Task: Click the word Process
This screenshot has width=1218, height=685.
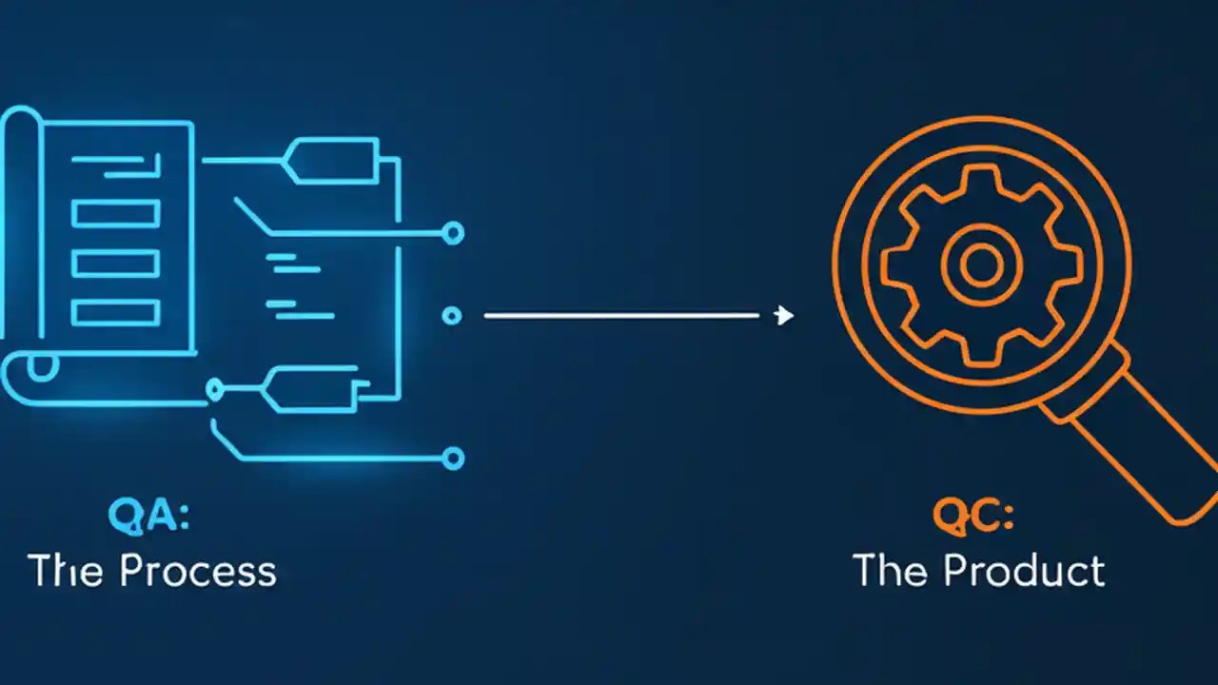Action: pos(199,571)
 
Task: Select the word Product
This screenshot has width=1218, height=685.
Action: pos(1024,571)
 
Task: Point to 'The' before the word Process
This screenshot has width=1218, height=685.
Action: pos(68,571)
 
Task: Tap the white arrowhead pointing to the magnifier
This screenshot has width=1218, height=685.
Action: pos(783,315)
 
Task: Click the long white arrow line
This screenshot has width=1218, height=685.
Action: pos(621,315)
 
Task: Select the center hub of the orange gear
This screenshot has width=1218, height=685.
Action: pos(982,264)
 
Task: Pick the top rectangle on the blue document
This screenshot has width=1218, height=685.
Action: pos(116,214)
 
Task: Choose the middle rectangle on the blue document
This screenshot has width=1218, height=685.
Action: pos(116,264)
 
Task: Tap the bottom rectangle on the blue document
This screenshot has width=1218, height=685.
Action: pos(116,313)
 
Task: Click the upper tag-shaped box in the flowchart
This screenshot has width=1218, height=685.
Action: pos(332,161)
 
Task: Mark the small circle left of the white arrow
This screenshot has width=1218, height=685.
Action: pos(451,316)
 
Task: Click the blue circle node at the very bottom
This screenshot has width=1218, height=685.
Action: pos(452,459)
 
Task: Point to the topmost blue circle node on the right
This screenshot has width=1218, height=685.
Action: pos(452,233)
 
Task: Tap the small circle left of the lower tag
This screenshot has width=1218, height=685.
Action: pos(215,389)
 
